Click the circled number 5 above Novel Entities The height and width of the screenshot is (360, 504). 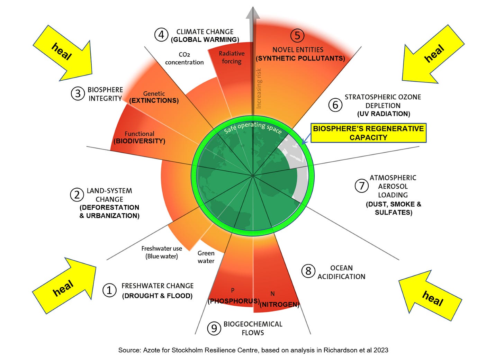click(x=297, y=35)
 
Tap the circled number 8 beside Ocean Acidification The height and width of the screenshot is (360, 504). click(x=308, y=271)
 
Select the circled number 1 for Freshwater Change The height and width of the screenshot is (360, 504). click(x=109, y=290)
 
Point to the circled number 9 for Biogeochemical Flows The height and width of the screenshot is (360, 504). click(x=214, y=328)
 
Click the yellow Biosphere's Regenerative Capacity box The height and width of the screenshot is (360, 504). click(x=368, y=133)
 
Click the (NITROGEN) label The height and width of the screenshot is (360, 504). click(x=279, y=304)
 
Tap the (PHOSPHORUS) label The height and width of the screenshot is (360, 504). click(x=234, y=301)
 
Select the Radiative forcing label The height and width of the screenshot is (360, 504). click(x=232, y=57)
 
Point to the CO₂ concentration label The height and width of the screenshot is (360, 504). click(x=184, y=58)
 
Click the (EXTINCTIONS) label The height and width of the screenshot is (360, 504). click(x=154, y=101)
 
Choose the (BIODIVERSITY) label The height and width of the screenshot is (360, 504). click(x=139, y=141)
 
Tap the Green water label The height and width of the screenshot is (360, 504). click(x=206, y=257)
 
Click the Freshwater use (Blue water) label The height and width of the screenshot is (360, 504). click(x=162, y=252)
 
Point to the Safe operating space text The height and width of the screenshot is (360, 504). click(x=253, y=127)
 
